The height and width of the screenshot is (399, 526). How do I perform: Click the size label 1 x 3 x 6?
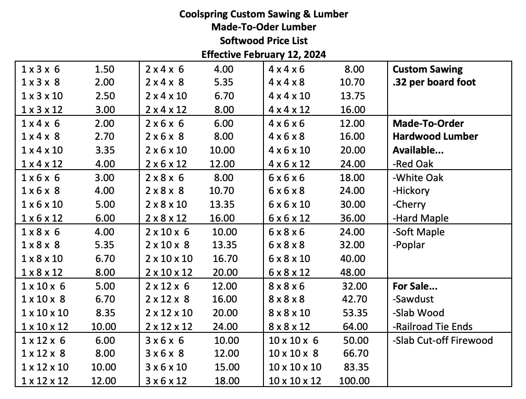coord(40,69)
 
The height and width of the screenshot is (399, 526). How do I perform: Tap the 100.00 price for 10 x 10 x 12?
coord(354,381)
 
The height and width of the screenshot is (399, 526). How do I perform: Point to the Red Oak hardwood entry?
coord(413,164)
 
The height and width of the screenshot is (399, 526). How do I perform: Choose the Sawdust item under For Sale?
coord(414,299)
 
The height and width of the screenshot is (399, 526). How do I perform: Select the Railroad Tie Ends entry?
coord(433,327)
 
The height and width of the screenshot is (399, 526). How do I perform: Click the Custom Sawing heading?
coord(428,69)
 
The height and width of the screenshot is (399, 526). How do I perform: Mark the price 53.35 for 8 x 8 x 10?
coord(355,313)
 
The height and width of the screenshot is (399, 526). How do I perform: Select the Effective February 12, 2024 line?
coord(263,55)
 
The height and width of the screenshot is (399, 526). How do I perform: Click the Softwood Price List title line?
coord(263,41)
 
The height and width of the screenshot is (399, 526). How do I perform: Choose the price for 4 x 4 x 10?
coord(353,96)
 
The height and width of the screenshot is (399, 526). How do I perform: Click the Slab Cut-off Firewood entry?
coord(442,341)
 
